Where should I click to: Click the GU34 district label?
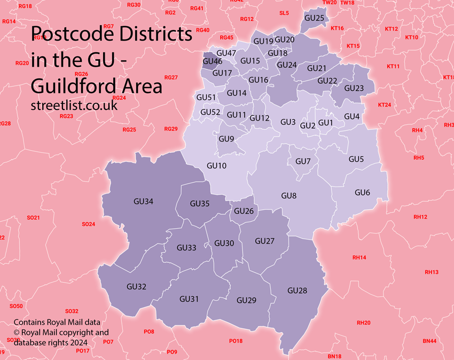tap(143, 201)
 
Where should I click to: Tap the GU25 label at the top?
tap(314, 18)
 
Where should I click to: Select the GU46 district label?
tap(213, 62)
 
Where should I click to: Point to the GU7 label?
tap(303, 161)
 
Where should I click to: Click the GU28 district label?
tap(297, 291)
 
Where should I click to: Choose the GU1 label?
tap(325, 123)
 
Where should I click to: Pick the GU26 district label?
tap(244, 211)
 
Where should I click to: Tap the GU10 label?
tap(216, 166)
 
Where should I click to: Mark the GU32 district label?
tap(136, 287)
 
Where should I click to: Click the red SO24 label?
tap(88, 224)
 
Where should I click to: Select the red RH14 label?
tap(359, 258)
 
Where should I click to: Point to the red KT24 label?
tap(384, 105)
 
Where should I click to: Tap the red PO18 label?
tap(236, 341)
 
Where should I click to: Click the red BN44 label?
tap(429, 341)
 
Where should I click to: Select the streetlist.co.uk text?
tap(74, 105)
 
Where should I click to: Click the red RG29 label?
tap(171, 129)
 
